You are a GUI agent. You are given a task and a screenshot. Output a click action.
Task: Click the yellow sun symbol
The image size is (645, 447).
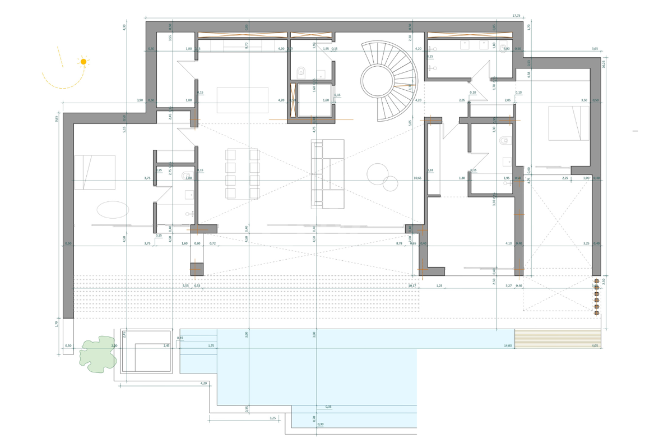(83, 62)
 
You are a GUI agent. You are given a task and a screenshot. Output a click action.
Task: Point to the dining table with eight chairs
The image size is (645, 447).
(242, 174)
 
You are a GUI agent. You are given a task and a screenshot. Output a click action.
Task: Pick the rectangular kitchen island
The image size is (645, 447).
(242, 100)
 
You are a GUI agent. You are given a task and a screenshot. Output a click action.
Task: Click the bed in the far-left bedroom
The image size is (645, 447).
(95, 172)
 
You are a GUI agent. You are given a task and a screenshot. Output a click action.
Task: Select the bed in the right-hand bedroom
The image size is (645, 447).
(569, 123)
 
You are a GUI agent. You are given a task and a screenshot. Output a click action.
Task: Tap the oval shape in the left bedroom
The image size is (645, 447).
(113, 209)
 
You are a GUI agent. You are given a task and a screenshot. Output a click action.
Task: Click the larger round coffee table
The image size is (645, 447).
(378, 173)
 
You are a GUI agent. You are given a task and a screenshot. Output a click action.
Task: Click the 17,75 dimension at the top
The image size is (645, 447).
(516, 16)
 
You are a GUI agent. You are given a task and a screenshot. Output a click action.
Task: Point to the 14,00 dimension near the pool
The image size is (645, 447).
(508, 346)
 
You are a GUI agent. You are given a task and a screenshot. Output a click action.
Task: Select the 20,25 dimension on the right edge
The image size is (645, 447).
(604, 64)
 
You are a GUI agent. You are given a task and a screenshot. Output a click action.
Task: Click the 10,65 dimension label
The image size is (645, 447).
(417, 178)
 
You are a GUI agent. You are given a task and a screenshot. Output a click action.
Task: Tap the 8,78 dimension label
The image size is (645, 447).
(399, 243)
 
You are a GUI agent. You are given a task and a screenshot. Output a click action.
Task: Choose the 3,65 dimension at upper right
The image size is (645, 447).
(595, 49)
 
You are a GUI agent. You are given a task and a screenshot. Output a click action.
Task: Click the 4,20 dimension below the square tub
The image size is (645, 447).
(203, 383)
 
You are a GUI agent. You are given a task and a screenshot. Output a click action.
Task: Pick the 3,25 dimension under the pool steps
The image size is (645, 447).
(272, 418)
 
